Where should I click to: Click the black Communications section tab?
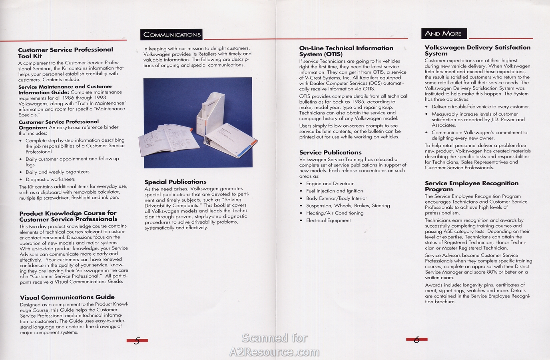tap(172, 35)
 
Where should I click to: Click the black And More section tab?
tap(444, 34)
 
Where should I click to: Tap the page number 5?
tap(137, 341)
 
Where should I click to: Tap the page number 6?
tap(416, 340)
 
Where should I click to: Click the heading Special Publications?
tap(175, 182)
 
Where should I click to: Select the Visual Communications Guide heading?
tap(67, 297)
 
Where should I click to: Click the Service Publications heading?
tap(330, 152)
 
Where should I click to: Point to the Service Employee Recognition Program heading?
tap(472, 186)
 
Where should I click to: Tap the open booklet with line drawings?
tap(168, 138)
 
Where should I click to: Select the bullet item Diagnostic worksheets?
tap(50, 179)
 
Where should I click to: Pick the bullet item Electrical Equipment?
tap(328, 220)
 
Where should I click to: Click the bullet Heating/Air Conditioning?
tap(335, 213)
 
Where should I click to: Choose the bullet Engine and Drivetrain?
tap(330, 184)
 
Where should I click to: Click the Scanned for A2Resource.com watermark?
tap(275, 345)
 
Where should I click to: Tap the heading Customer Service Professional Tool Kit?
tap(65, 52)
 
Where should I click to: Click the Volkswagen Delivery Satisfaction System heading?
tap(477, 50)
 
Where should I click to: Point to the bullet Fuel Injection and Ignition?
tap(335, 191)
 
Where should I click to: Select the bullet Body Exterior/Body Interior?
tap(336, 198)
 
